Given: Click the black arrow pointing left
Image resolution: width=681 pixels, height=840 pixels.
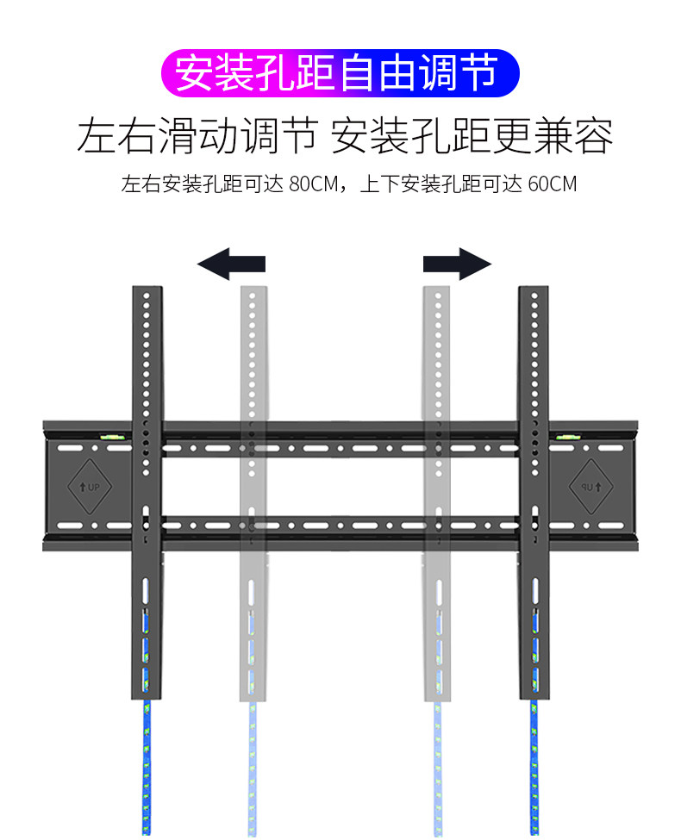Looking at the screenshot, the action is pyautogui.click(x=231, y=263).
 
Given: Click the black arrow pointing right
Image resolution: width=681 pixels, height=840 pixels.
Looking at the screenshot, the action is pyautogui.click(x=457, y=263).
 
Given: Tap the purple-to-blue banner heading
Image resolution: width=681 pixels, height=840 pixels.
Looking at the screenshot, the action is pyautogui.click(x=340, y=72).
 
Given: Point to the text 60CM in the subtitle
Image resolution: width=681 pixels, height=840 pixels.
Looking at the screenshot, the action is pyautogui.click(x=552, y=184).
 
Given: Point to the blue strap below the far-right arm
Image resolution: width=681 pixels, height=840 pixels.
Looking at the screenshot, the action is pyautogui.click(x=534, y=767).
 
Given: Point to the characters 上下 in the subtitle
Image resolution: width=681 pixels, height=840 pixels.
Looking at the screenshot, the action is pyautogui.click(x=378, y=184).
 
